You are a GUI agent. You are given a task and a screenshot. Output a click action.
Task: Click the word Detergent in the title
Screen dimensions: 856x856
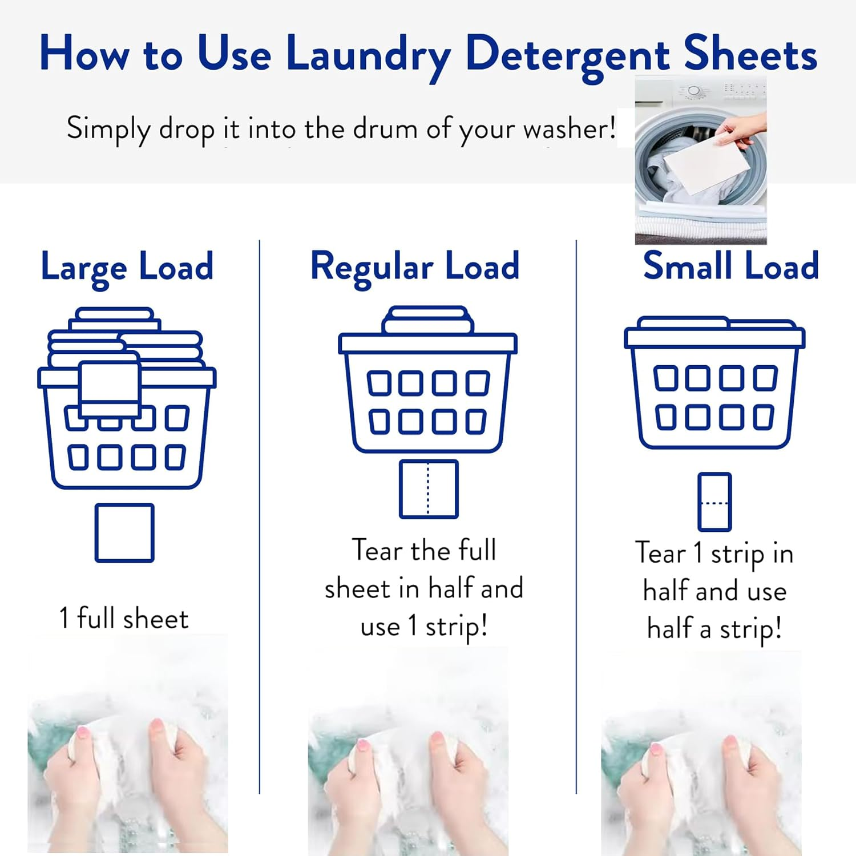(567, 55)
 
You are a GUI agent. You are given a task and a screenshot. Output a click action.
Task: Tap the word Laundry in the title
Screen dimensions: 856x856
(368, 55)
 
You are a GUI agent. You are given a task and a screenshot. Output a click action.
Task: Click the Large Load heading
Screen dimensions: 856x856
(127, 267)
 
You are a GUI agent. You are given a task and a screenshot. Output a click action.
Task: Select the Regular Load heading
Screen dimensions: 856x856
(415, 267)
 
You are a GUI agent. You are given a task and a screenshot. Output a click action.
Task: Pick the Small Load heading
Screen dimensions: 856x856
(730, 266)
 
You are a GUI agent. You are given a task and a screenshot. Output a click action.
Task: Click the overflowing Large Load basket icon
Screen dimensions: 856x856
(127, 399)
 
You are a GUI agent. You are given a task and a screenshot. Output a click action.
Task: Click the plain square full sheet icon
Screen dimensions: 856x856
(124, 533)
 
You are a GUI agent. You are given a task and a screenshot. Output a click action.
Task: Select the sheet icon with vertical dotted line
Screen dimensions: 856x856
(429, 489)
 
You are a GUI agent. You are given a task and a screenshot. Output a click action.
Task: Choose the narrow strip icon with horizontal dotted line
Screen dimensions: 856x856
(714, 502)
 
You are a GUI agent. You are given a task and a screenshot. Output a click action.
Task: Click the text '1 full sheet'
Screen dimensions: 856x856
(124, 619)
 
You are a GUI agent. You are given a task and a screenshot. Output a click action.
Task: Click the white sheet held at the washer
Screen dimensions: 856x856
(706, 166)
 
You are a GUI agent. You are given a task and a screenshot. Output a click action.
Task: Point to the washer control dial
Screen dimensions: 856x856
(694, 91)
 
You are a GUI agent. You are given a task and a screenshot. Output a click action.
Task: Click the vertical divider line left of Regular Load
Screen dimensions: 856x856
(260, 514)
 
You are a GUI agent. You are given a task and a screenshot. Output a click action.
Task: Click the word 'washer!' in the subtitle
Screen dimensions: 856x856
(569, 129)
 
